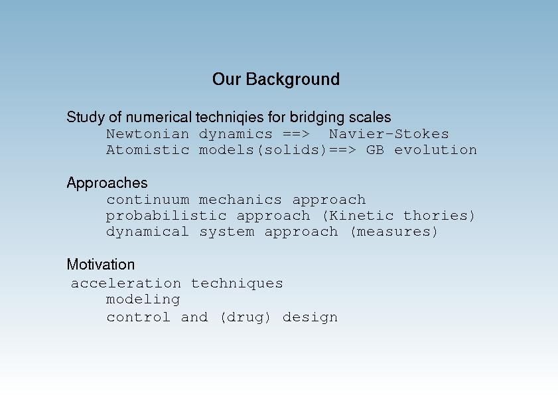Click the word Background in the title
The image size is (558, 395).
(293, 80)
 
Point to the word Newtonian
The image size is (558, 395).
(148, 134)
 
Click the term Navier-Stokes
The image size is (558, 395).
(389, 134)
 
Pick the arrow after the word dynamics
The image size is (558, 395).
(296, 135)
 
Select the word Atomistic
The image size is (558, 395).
(148, 150)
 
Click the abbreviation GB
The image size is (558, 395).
(375, 150)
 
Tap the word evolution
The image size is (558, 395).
(435, 150)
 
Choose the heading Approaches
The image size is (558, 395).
(107, 183)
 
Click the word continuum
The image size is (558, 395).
(148, 200)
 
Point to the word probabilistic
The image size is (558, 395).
(166, 216)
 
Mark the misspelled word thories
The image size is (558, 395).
(435, 216)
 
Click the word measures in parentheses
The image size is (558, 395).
(394, 232)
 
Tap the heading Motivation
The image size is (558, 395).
(101, 265)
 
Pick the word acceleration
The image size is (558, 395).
(126, 283)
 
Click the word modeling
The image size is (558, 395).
(143, 300)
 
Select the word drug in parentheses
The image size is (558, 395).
(245, 317)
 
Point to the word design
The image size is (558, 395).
(310, 317)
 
